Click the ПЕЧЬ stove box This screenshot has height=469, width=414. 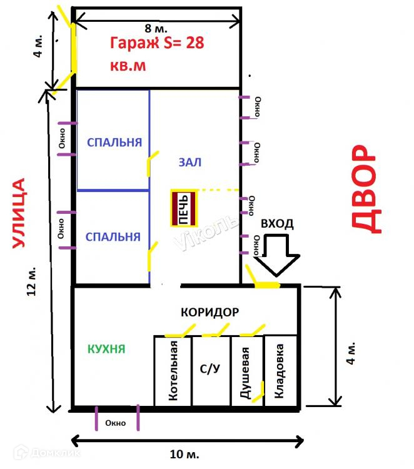tap(184, 208)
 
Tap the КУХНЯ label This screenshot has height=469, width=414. tap(106, 349)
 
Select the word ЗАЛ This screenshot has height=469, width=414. tap(190, 162)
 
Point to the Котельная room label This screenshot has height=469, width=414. tap(173, 371)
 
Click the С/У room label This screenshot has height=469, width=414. tap(210, 368)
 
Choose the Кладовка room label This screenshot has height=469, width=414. tap(279, 371)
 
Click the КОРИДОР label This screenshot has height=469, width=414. tap(210, 312)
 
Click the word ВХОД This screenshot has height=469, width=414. tap(277, 224)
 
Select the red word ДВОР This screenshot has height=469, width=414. tap(366, 189)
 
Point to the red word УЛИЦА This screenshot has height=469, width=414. tap(19, 213)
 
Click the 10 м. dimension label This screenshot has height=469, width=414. tap(184, 455)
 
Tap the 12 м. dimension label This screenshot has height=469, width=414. tap(32, 281)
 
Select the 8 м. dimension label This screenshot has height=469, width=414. tap(156, 28)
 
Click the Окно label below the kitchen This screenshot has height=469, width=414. tap(116, 423)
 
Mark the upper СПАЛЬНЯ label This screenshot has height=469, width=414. tap(114, 143)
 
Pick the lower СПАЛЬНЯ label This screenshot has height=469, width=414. tap(113, 237)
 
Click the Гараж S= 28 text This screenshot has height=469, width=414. tap(157, 43)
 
